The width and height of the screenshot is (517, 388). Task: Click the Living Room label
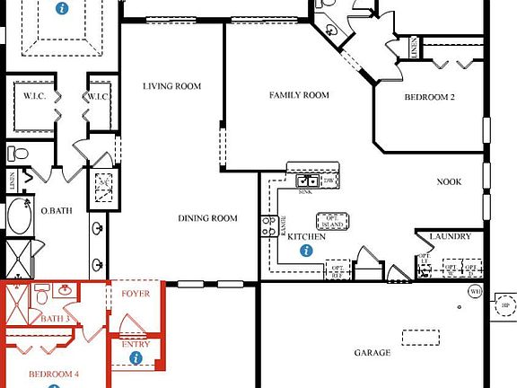[171, 86]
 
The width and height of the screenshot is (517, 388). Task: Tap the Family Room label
[299, 94]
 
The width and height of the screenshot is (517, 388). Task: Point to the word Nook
[449, 181]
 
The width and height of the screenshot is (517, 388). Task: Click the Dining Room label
[207, 218]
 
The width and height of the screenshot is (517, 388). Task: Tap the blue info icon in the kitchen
[306, 251]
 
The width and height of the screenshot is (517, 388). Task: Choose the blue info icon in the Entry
[136, 357]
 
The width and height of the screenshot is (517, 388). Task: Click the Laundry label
[450, 237]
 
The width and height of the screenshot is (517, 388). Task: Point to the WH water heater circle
[475, 292]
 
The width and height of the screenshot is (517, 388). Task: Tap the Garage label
[371, 353]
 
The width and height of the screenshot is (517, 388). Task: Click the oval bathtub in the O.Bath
[18, 218]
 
